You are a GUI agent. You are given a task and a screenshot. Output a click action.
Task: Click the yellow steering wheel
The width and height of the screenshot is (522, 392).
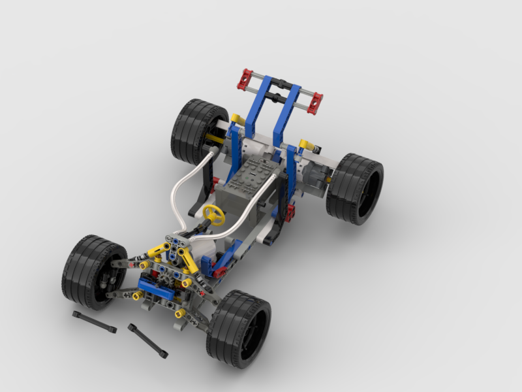213,214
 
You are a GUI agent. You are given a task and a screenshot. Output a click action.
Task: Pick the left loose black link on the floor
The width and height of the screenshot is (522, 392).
94,322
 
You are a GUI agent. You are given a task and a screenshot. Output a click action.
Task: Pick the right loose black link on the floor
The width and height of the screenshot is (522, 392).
147,340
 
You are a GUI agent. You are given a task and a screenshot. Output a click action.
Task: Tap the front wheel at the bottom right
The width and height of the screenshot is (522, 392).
239,327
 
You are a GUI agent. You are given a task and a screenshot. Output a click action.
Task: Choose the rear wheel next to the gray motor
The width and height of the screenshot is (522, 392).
354,188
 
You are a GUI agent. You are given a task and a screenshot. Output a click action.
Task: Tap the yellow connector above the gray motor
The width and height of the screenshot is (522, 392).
305,144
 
